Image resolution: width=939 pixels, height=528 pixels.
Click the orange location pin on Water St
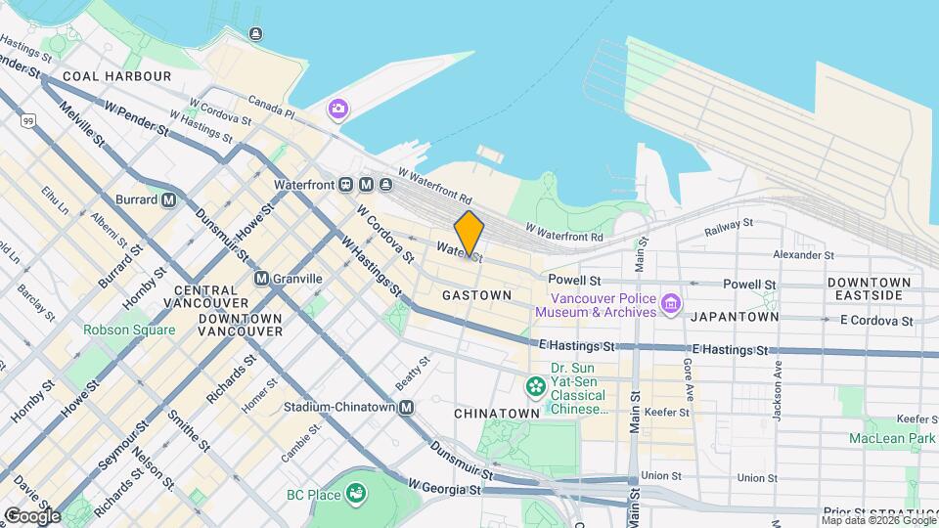[x=469, y=234]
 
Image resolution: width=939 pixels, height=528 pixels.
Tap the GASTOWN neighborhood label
[x=476, y=294]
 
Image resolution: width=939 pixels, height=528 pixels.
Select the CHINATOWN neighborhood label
[x=497, y=414]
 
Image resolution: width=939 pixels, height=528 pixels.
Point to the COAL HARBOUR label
[x=116, y=75]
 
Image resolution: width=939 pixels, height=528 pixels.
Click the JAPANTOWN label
[x=735, y=317]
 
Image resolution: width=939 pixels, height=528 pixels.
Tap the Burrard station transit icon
[x=168, y=200]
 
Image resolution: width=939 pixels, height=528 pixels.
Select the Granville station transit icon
[x=261, y=279]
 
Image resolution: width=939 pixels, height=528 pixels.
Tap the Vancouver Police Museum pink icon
[x=671, y=304]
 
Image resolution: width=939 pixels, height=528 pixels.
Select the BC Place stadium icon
[x=356, y=494]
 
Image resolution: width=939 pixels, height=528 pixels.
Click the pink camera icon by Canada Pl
[x=338, y=109]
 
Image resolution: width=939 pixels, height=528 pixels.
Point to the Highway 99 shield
[x=27, y=120]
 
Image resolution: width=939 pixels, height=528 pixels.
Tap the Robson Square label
[x=129, y=330]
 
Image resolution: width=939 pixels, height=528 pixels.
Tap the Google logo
[x=31, y=515]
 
